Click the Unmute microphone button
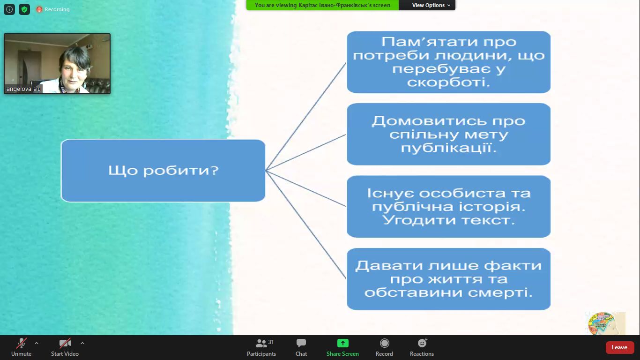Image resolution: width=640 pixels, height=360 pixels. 21,347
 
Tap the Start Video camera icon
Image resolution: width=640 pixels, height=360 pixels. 65,343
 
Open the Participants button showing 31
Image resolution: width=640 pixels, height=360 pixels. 261,347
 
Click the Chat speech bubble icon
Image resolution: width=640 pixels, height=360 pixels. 301,343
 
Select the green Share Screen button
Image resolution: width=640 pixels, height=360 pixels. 342,347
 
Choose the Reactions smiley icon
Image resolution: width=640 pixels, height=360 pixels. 422,343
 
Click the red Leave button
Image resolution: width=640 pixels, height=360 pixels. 619,347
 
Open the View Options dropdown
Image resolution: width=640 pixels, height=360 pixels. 431,5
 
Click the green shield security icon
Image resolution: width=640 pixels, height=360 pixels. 24,9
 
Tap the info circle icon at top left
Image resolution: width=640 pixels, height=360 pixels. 9,9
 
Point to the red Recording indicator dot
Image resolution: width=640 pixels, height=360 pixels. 39,9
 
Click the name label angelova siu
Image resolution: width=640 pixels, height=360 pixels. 24,89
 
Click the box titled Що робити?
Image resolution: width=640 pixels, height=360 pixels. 163,171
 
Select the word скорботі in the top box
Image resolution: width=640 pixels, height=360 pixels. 448,82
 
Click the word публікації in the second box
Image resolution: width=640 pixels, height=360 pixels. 448,148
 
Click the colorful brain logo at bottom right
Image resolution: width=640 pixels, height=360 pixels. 604,323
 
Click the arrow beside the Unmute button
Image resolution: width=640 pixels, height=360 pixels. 36,343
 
